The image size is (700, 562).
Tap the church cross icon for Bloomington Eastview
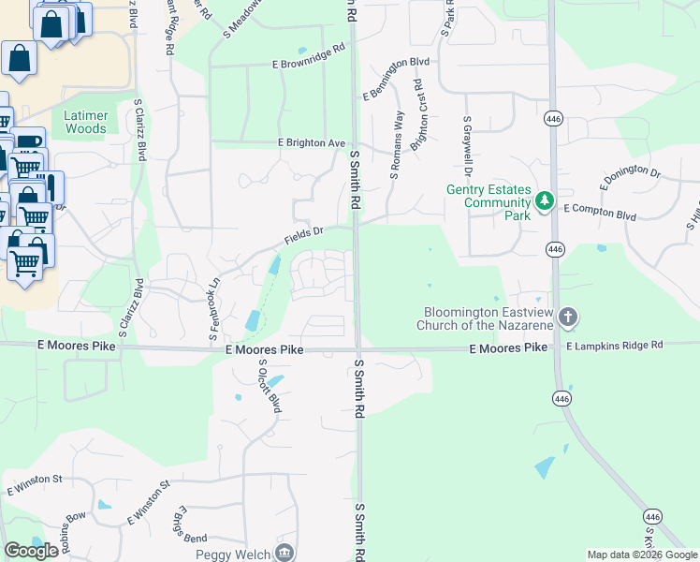567,318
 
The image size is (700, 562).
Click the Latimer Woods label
86,122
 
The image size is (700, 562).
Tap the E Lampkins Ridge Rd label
614,346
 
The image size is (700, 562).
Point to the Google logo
31,551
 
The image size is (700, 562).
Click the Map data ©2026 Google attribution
642,555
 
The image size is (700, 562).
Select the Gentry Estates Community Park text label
488,202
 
